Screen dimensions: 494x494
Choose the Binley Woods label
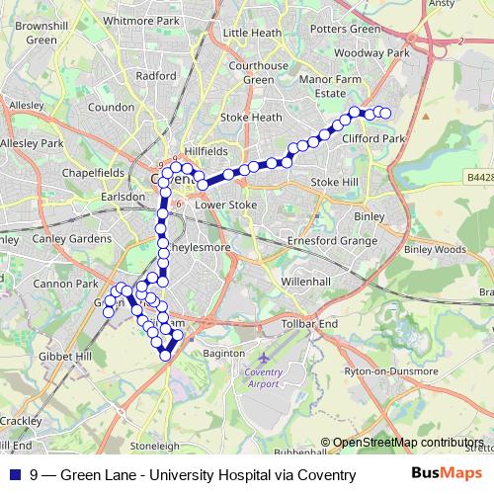click(434, 250)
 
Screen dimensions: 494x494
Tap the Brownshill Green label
click(41, 34)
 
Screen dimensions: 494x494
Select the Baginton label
click(221, 353)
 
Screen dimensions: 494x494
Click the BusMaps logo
click(445, 474)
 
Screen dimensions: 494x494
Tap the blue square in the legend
click(15, 475)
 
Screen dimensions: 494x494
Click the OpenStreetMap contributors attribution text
click(408, 443)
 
